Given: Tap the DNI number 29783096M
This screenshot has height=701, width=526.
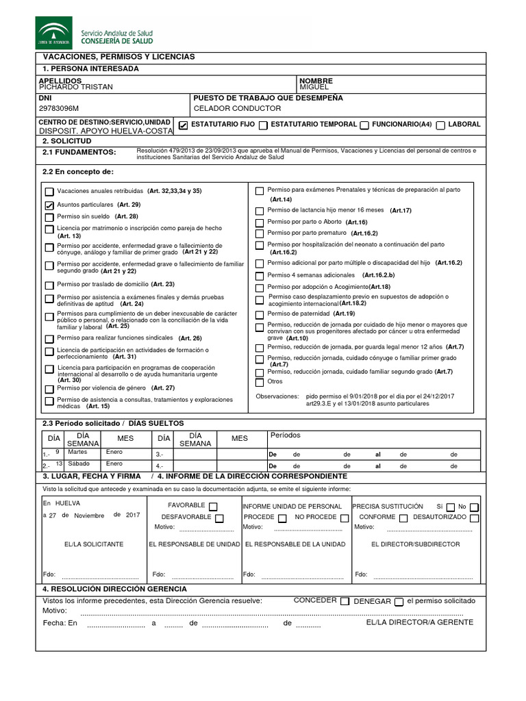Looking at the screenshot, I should (x=59, y=108).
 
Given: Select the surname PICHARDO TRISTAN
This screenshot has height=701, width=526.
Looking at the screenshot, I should (x=76, y=87).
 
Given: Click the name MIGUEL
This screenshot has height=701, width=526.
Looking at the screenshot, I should (x=314, y=87).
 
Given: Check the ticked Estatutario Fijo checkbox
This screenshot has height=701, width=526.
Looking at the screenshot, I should (x=183, y=125).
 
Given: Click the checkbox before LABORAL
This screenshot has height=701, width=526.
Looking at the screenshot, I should (x=441, y=125).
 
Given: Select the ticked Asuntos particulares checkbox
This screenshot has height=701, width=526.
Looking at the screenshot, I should (x=49, y=205).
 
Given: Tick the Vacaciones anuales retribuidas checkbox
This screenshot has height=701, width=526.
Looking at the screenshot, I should (x=49, y=192).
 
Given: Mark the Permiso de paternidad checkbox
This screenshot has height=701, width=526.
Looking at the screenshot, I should (x=259, y=314).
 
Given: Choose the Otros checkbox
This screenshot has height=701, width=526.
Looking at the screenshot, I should (x=259, y=382).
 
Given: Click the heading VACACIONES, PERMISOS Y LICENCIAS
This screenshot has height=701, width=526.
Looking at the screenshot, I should (x=119, y=56).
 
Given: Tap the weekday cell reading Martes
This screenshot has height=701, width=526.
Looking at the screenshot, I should (x=77, y=453).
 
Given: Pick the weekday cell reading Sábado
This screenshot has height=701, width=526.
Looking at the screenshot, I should (x=78, y=464).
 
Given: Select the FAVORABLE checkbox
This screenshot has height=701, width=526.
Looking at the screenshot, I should (x=213, y=507).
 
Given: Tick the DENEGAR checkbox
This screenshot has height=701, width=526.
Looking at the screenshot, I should (x=399, y=601).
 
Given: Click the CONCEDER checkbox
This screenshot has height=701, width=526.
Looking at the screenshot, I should (x=345, y=601).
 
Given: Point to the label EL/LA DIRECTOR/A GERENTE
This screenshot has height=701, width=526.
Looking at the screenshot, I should (x=419, y=622).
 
